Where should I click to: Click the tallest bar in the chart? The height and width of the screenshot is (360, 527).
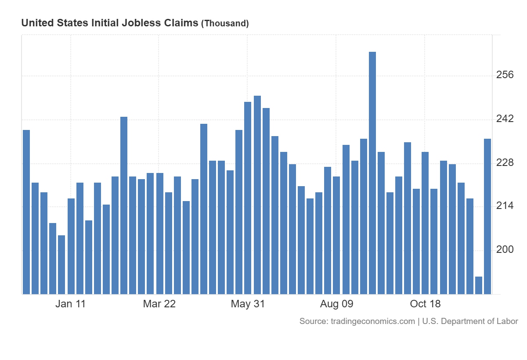point(372,173)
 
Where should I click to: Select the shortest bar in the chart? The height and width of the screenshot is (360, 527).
point(479,285)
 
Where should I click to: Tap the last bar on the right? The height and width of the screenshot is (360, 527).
point(487,216)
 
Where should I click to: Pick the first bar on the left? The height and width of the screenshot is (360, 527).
point(26,212)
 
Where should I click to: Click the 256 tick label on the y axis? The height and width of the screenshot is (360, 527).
point(505,75)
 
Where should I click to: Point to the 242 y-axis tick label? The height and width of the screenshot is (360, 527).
point(505,119)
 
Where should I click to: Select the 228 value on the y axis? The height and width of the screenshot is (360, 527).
point(505,163)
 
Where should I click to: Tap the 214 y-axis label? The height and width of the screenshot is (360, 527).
point(505,206)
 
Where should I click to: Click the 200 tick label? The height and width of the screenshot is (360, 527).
point(505,250)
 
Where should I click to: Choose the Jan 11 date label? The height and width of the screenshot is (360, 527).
point(70,304)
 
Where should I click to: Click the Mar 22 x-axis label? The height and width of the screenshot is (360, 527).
point(159,304)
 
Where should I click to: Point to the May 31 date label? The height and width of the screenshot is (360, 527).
point(248,304)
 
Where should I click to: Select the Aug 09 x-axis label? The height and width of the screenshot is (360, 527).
point(337,304)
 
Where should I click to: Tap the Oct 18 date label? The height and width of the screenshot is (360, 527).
point(425,304)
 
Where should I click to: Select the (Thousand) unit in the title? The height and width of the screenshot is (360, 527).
point(225,23)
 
